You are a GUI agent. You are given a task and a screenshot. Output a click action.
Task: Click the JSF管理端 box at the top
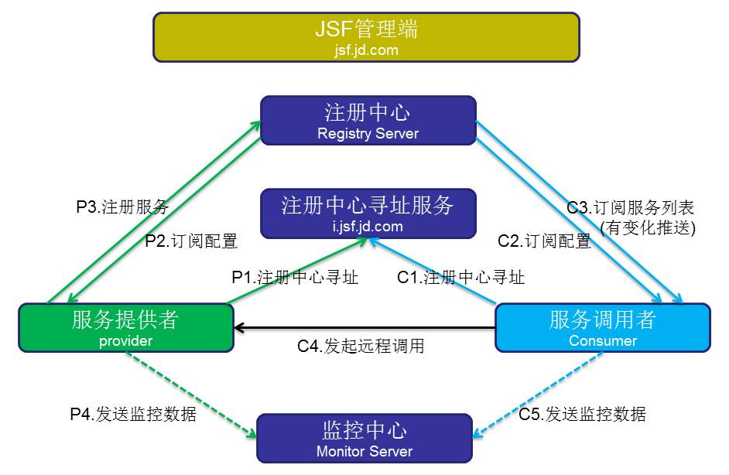coord(366,36)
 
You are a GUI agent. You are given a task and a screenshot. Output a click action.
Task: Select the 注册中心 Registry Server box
coord(368,121)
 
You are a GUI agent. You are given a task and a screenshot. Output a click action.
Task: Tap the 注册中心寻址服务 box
coord(368,214)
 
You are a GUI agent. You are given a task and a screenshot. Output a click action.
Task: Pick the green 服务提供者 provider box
coord(126,328)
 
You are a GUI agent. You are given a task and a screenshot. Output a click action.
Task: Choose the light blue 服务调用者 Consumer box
coord(603,328)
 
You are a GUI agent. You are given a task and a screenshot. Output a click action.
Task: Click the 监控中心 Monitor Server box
coord(364,439)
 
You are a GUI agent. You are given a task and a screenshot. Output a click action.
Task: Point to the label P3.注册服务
coord(122,207)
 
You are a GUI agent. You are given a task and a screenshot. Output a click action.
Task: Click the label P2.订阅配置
coord(191,241)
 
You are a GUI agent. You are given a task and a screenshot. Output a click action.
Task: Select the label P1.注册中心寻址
coord(295,278)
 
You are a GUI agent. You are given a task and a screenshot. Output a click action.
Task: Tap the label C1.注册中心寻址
coord(460,278)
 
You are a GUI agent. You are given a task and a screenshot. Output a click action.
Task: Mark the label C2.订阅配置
coord(544,241)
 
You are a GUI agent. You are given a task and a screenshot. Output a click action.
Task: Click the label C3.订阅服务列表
coord(631,207)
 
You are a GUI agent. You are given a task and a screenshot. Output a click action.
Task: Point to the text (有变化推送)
coord(648,227)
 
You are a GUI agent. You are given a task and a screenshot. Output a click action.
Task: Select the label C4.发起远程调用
coord(361,346)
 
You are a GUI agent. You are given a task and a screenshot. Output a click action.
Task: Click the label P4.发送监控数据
coord(133,414)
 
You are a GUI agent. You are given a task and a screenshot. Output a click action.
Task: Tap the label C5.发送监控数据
coord(582,414)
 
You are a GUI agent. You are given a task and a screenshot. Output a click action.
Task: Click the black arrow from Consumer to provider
coord(365,328)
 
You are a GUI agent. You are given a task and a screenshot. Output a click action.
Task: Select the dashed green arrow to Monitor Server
coord(191,395)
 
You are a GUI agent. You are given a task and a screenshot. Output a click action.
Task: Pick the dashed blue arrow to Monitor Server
coord(538,395)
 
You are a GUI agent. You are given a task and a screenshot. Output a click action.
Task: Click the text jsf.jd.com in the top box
coord(366,50)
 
